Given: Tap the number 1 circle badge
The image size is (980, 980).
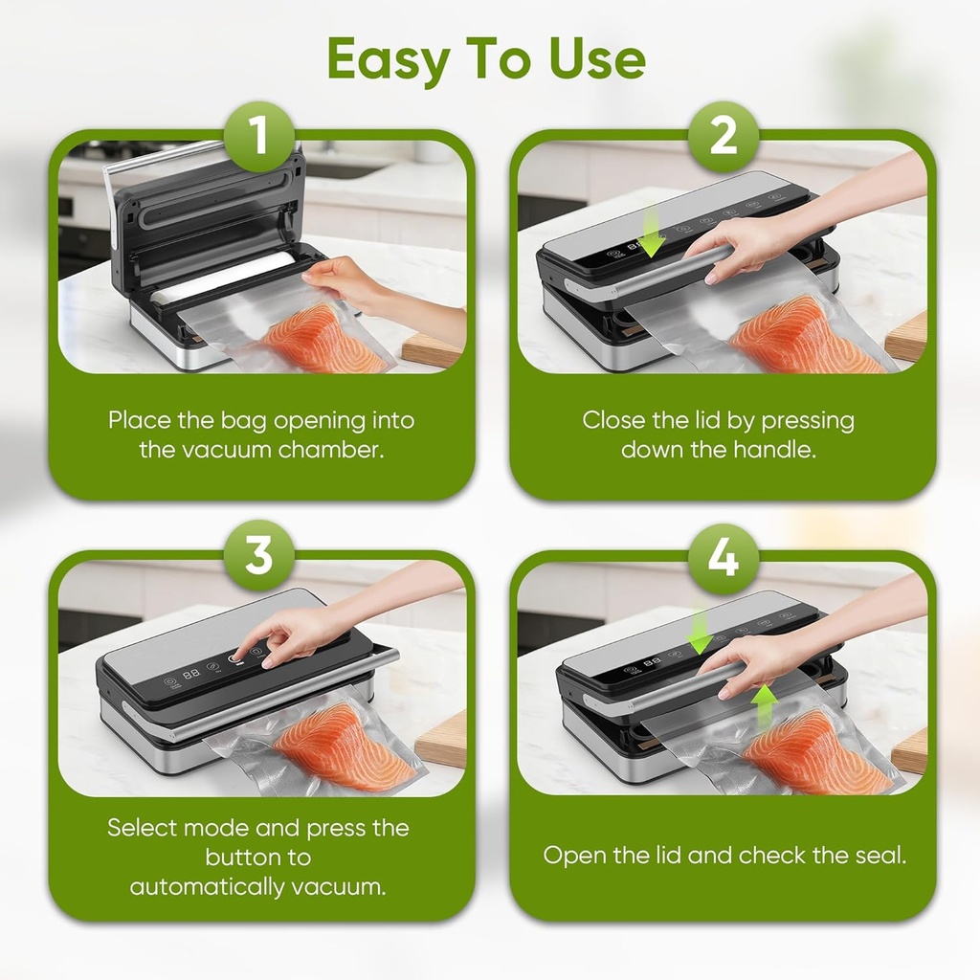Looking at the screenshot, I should point(259,137).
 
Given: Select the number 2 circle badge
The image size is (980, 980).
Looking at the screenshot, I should point(723,137).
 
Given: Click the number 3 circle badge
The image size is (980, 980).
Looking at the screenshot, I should point(259,556).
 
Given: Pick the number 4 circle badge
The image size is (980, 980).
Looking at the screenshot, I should point(723,556).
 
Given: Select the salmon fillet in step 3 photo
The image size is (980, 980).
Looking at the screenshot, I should point(340,746).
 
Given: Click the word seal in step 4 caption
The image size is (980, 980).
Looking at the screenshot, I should point(879,855).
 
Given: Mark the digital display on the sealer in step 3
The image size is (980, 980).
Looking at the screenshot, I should point(190,674).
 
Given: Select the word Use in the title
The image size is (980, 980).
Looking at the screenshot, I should point(597,60).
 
